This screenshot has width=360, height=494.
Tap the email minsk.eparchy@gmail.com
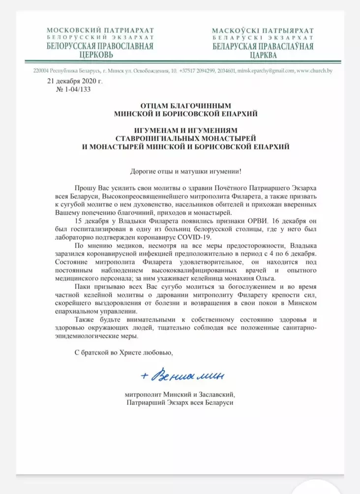[267, 71]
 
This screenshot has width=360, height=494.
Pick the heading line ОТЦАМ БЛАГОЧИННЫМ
[180, 106]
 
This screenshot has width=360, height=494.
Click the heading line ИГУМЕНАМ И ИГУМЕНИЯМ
[180, 130]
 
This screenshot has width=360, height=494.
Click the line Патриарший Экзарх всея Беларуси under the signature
[180, 402]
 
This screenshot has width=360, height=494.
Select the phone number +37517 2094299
[201, 71]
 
